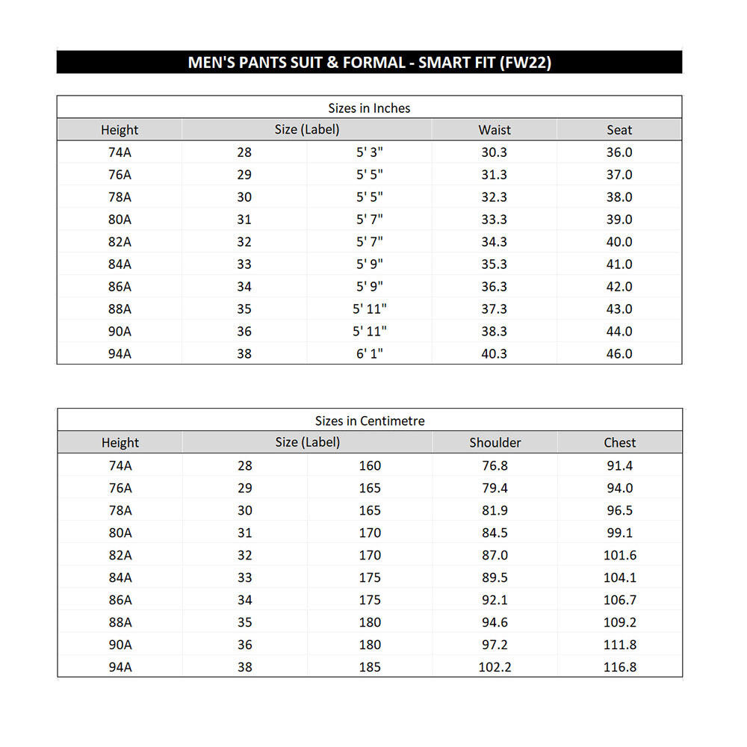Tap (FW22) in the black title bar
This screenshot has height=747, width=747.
[x=526, y=62]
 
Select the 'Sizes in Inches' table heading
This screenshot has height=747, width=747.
[x=369, y=108]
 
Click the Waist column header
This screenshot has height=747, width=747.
[x=495, y=130]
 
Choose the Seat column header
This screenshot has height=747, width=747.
[x=619, y=130]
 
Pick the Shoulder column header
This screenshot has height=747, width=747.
[x=495, y=442]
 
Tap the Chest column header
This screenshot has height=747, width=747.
[x=619, y=442]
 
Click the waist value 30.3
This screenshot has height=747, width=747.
[x=494, y=152]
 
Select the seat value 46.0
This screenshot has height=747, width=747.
[x=619, y=353]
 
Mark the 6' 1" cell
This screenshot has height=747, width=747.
[x=370, y=353]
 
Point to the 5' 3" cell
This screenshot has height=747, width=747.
[x=370, y=152]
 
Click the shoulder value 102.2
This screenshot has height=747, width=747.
[x=495, y=667]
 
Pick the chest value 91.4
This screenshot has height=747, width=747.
[x=619, y=465]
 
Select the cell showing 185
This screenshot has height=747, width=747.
[x=370, y=667]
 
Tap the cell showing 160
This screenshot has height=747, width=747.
[x=370, y=465]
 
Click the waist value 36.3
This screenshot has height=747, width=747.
[x=494, y=286]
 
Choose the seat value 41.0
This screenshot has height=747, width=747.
[x=619, y=264]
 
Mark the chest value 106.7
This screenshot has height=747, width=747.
[x=619, y=600]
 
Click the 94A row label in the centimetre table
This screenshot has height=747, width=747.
[x=120, y=667]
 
